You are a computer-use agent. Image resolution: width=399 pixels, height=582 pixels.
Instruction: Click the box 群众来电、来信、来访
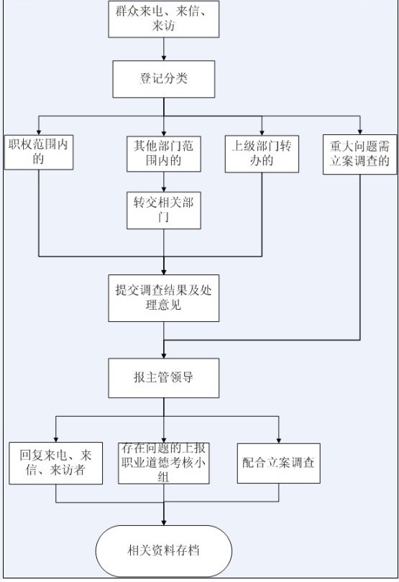click(163, 19)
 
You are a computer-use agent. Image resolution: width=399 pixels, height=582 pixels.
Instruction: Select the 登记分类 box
click(164, 79)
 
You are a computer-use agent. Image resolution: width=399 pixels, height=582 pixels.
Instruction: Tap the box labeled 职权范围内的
click(39, 152)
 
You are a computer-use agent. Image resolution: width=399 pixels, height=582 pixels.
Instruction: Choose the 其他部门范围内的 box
click(164, 154)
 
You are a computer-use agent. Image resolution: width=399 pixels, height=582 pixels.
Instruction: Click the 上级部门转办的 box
click(262, 154)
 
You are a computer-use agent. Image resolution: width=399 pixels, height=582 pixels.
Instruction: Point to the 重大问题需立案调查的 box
click(359, 154)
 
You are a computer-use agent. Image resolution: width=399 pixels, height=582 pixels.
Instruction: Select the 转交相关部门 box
click(164, 210)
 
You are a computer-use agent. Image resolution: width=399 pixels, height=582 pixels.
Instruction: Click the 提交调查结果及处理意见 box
click(164, 298)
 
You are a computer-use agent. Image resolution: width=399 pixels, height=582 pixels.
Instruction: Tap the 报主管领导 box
click(164, 378)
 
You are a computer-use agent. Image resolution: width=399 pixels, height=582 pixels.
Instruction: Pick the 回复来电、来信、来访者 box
click(56, 463)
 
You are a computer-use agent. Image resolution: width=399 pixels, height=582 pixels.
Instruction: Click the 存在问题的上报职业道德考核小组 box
click(164, 463)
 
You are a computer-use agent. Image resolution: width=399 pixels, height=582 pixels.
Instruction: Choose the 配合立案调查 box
click(279, 463)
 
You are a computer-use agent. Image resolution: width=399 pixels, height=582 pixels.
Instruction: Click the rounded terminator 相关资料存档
click(164, 550)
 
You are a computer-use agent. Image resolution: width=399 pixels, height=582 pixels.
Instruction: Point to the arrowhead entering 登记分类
click(164, 58)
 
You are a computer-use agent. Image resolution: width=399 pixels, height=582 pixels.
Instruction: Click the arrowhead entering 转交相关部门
click(164, 189)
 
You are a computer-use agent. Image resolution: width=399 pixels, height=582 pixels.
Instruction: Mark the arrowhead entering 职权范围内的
click(39, 132)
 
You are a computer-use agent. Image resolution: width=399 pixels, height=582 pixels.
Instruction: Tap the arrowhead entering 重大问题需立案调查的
click(359, 131)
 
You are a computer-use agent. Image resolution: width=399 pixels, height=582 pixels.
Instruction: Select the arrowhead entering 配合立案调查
click(279, 440)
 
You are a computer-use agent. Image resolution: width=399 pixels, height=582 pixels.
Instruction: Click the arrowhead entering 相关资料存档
click(164, 522)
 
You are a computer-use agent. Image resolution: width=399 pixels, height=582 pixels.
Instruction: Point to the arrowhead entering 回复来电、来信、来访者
click(56, 439)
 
